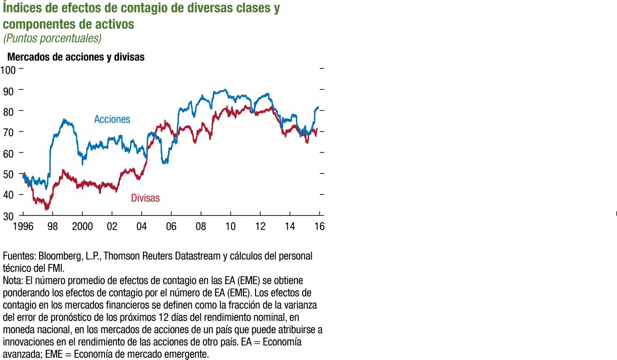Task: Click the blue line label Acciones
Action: coord(112,119)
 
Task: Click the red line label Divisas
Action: coord(145,198)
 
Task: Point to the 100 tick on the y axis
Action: coord(8,70)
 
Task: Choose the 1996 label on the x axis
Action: coord(23,226)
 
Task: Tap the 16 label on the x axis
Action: coord(319,226)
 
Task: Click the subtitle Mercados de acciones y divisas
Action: coord(76,57)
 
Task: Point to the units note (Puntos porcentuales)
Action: coord(52,39)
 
